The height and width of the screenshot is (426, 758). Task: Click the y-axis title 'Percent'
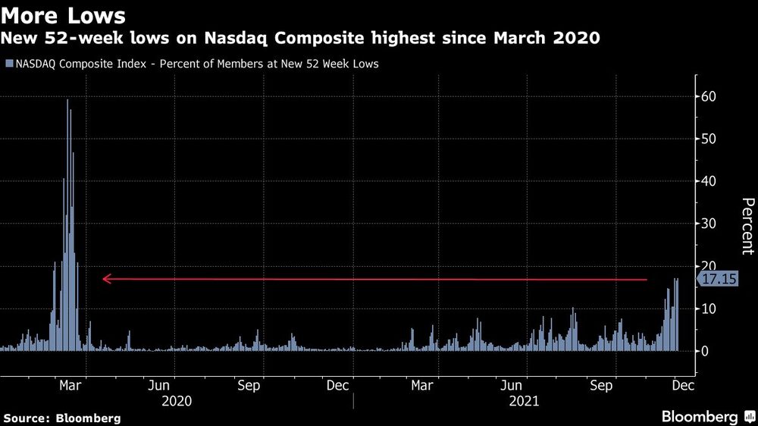coord(747,225)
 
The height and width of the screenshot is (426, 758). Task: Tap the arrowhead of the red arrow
coord(107,279)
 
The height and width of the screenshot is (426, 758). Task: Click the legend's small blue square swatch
coord(9,64)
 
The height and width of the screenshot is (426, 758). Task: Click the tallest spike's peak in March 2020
coord(67,100)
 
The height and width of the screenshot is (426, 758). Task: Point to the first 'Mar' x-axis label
coord(70,385)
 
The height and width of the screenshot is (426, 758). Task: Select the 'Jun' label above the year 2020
coord(160,385)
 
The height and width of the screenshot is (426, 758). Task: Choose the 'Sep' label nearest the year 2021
coord(601,385)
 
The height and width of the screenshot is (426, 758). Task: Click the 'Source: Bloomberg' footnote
coord(62,418)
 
